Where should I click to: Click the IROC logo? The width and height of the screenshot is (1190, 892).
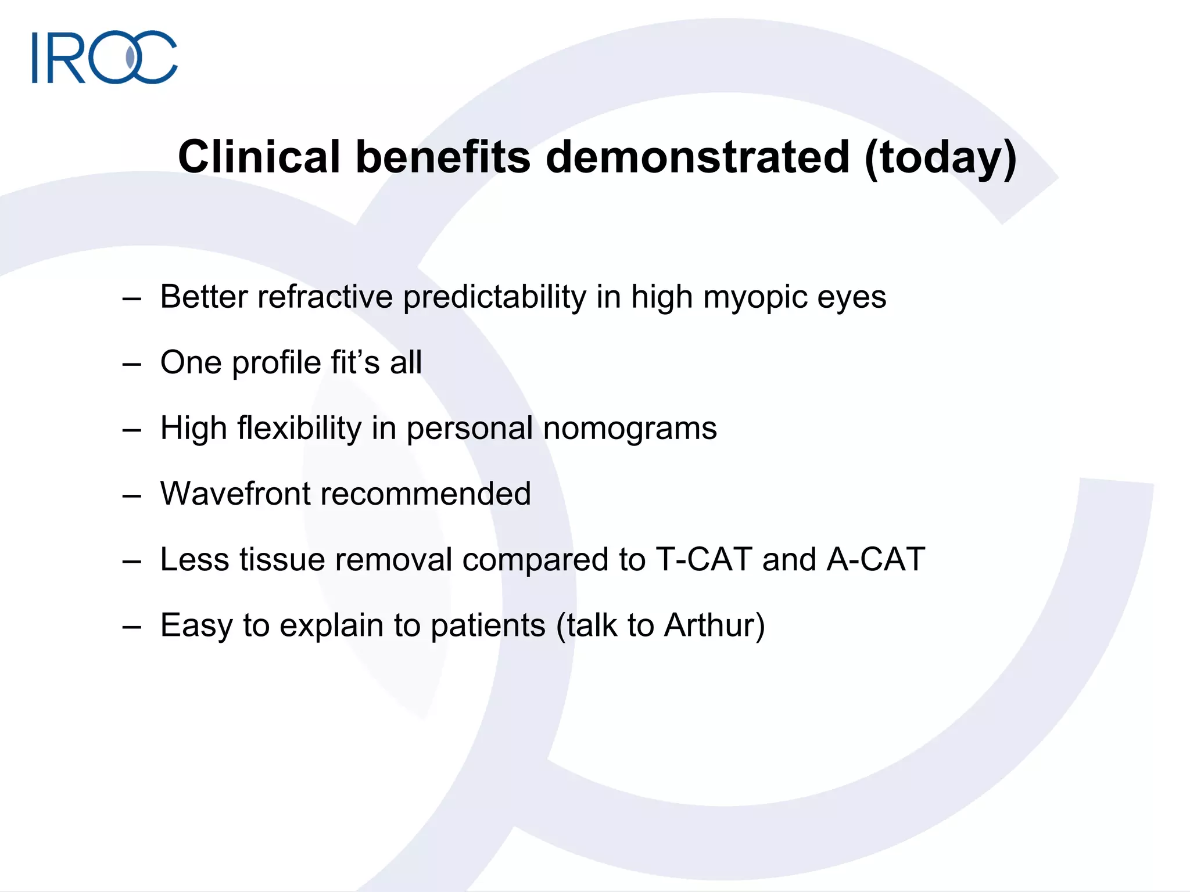click(105, 57)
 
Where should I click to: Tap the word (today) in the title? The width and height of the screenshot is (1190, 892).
click(940, 158)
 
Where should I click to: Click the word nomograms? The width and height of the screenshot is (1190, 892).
click(630, 429)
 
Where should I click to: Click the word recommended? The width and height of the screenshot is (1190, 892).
click(425, 494)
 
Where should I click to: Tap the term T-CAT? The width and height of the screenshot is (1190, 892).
click(704, 559)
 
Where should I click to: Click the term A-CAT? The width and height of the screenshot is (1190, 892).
click(876, 559)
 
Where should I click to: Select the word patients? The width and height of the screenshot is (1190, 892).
click(488, 626)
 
